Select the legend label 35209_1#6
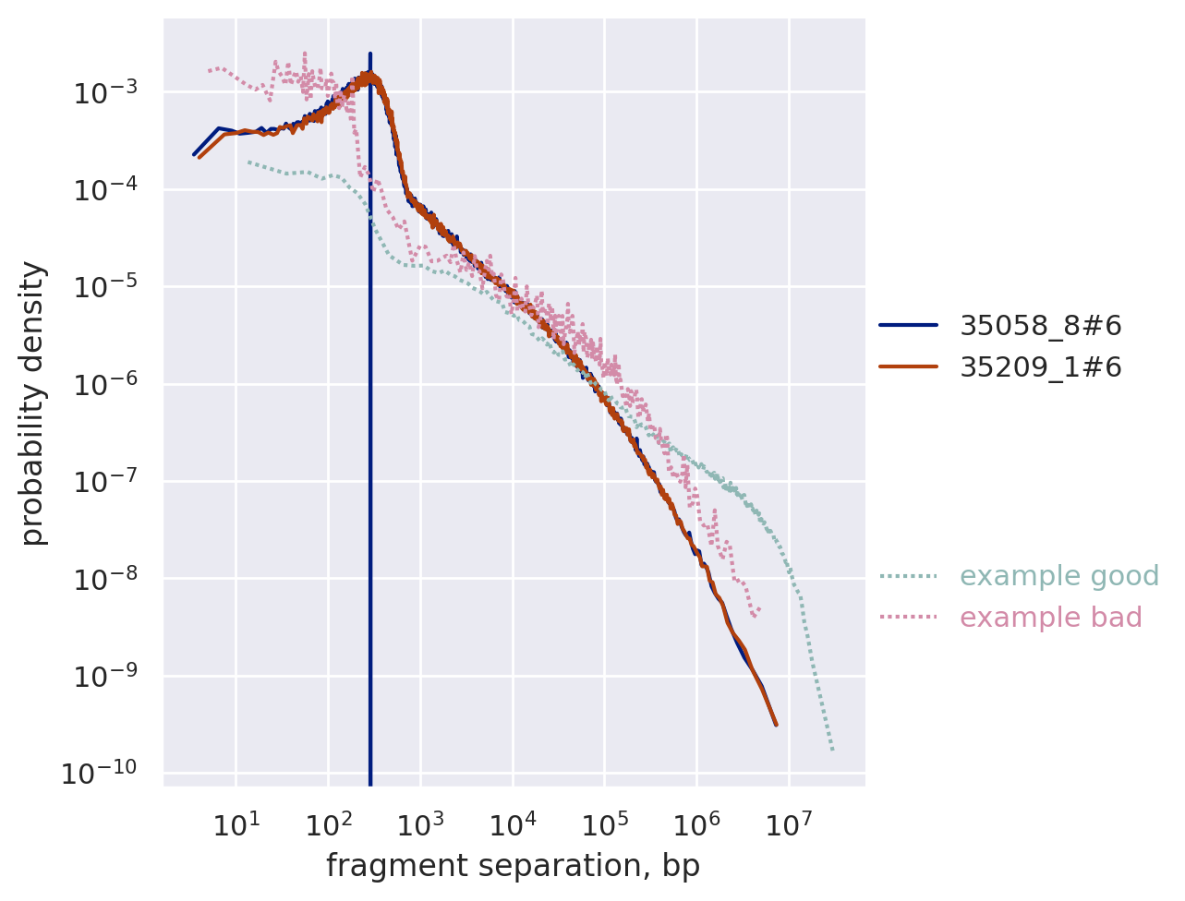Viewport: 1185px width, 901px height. tap(1040, 367)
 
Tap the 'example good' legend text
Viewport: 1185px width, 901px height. tap(1058, 576)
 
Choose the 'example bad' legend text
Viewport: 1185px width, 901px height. tap(1050, 618)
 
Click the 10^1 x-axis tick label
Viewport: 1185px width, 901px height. tap(236, 824)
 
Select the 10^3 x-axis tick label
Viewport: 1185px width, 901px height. tap(420, 824)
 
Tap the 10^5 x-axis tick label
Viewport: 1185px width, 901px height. tap(604, 824)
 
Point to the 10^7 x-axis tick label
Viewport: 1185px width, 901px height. tap(788, 824)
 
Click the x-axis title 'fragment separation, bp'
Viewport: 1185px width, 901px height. tap(513, 866)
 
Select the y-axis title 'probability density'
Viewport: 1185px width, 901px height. tap(33, 402)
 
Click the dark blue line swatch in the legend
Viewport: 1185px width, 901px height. tap(908, 325)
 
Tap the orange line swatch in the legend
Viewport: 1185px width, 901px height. tap(908, 367)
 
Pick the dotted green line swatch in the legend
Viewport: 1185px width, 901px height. tap(908, 576)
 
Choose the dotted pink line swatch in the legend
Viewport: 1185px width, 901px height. tap(908, 618)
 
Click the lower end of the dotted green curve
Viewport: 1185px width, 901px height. tap(832, 749)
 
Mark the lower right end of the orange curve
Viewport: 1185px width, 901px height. tap(776, 725)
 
